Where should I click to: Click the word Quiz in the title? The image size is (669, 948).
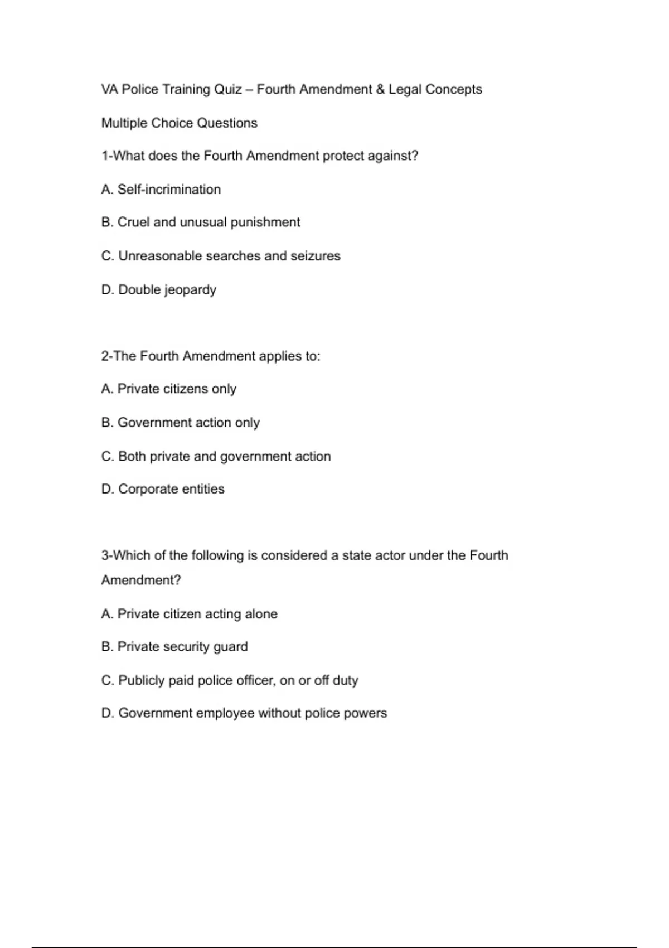(x=227, y=90)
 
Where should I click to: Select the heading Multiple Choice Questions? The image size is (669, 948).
(x=179, y=123)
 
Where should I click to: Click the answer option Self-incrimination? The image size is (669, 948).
(x=161, y=190)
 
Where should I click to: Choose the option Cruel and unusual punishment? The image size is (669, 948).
(x=201, y=223)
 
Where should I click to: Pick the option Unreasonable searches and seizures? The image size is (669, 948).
(x=221, y=256)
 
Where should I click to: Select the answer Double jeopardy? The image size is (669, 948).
(x=159, y=290)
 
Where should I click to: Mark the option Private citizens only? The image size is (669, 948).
(x=169, y=389)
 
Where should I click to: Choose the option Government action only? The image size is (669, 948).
(x=181, y=423)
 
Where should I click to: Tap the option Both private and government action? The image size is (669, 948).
(x=216, y=456)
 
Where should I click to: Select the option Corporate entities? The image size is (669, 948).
(x=163, y=489)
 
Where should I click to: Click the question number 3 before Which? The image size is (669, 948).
(x=105, y=555)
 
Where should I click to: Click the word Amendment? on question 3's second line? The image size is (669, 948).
(x=141, y=581)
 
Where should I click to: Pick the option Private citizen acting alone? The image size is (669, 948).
(x=190, y=614)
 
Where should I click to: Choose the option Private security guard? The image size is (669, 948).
(x=174, y=647)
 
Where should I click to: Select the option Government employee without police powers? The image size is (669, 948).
(x=244, y=713)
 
